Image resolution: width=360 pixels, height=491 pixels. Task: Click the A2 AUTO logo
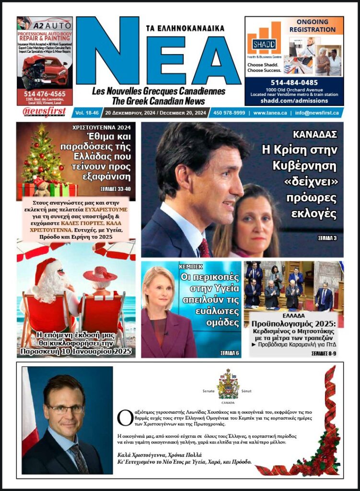coord(45,23)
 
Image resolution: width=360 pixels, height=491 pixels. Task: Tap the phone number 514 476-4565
coord(45,94)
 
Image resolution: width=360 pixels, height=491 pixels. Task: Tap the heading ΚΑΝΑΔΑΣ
coord(315,134)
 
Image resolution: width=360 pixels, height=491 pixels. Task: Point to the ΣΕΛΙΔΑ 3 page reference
coord(327,238)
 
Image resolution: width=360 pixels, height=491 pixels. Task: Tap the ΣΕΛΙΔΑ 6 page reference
coord(230,352)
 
